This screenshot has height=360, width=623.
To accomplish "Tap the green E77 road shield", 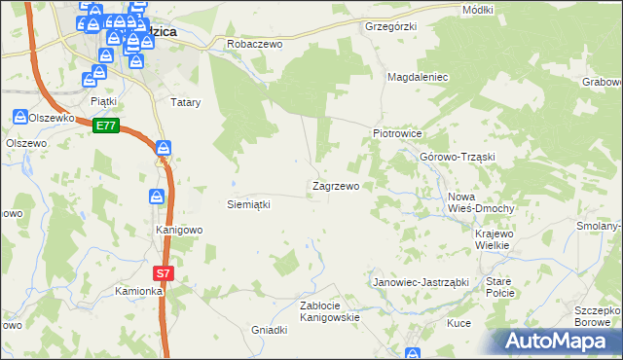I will tap(106, 126).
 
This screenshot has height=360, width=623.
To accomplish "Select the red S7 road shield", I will tap(164, 274).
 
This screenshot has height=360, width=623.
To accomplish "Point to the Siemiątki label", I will tap(247, 204).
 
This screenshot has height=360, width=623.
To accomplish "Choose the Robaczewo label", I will tap(253, 44).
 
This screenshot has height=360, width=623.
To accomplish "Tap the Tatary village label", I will tap(185, 101).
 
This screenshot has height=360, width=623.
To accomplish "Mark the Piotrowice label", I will tap(396, 133).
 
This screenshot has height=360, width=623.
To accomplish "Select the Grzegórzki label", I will tap(390, 26).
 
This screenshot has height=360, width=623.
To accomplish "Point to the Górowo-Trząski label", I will tap(458, 157).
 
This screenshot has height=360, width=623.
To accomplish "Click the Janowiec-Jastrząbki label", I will tap(421, 281).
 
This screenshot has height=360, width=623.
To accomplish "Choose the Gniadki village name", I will tap(270, 330).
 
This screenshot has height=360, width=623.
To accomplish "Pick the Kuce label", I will tap(458, 322).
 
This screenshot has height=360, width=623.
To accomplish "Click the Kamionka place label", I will tap(136, 291).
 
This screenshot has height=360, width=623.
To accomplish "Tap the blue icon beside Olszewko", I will tap(20, 117).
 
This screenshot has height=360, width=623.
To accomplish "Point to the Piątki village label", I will tap(103, 100).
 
